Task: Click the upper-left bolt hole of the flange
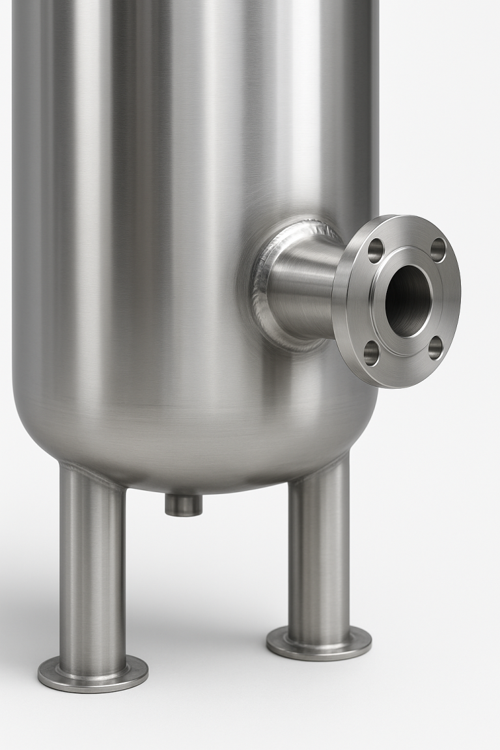tap(376, 250)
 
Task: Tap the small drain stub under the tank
tap(184, 505)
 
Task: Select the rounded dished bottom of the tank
tap(195, 443)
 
